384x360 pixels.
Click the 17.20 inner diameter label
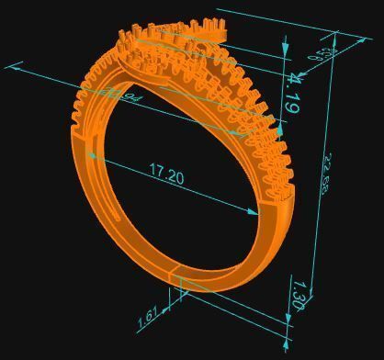point(165,173)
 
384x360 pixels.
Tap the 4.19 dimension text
point(291,94)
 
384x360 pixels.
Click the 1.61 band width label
point(149,318)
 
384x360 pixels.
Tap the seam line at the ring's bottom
point(177,276)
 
